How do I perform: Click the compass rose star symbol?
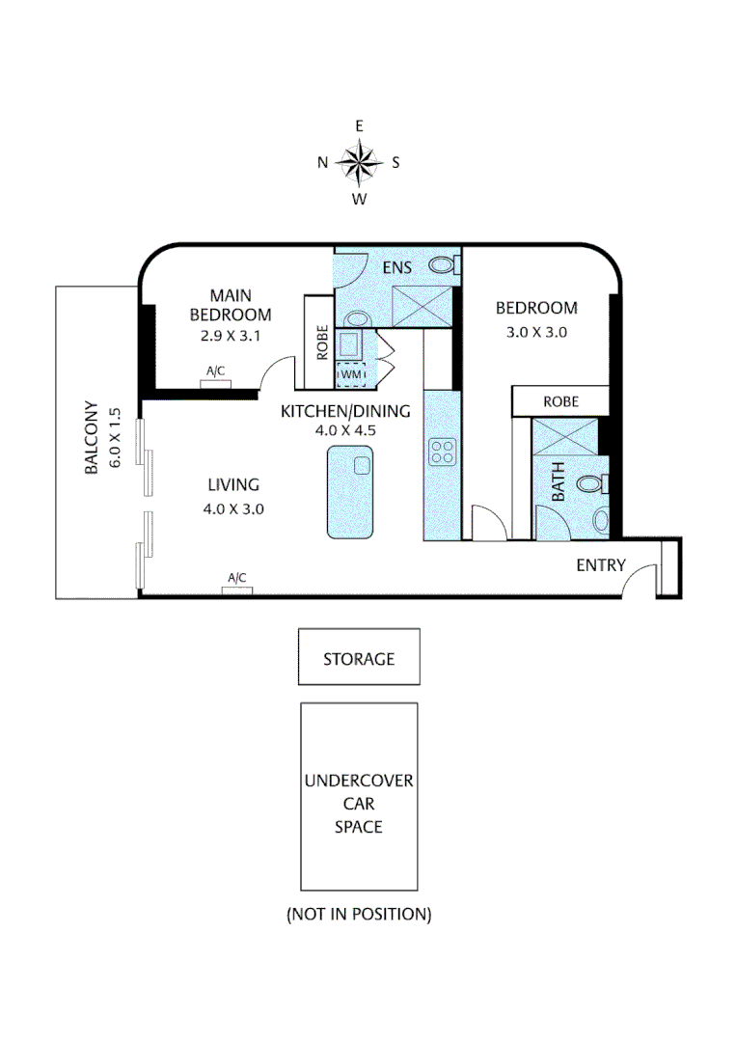click(359, 162)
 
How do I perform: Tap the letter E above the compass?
click(359, 126)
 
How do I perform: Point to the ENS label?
click(396, 266)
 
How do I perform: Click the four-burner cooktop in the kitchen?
click(443, 452)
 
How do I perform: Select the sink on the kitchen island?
click(362, 466)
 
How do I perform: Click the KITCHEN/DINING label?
click(345, 411)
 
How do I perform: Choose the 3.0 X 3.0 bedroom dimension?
click(536, 332)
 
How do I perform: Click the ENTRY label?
click(600, 565)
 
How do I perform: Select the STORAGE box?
click(359, 659)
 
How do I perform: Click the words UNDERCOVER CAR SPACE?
click(359, 804)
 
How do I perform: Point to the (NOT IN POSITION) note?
click(359, 913)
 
